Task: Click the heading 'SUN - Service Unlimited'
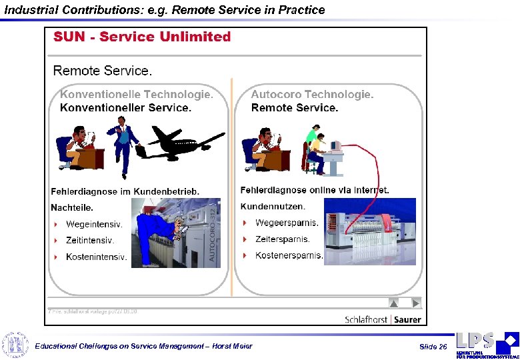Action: pyautogui.click(x=142, y=37)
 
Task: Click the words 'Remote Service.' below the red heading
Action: pyautogui.click(x=103, y=71)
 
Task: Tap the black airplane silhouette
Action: pyautogui.click(x=183, y=139)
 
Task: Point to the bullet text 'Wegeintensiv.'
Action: pyautogui.click(x=94, y=224)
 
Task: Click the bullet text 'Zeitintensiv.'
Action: pyautogui.click(x=90, y=240)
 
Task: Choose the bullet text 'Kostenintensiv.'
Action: pyautogui.click(x=96, y=257)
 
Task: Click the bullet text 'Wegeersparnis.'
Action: pyautogui.click(x=287, y=223)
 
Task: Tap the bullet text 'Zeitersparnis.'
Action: pyautogui.click(x=283, y=239)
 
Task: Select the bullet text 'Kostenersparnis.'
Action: pyautogui.click(x=289, y=255)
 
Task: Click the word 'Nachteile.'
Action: pyautogui.click(x=72, y=207)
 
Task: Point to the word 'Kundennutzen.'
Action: pyautogui.click(x=273, y=207)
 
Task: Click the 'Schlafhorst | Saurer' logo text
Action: pyautogui.click(x=383, y=319)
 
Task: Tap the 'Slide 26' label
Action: pyautogui.click(x=433, y=347)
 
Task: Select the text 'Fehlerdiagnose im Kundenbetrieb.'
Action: pyautogui.click(x=125, y=191)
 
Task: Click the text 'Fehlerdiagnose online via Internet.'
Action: pyautogui.click(x=315, y=190)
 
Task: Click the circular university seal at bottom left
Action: pyautogui.click(x=15, y=345)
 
